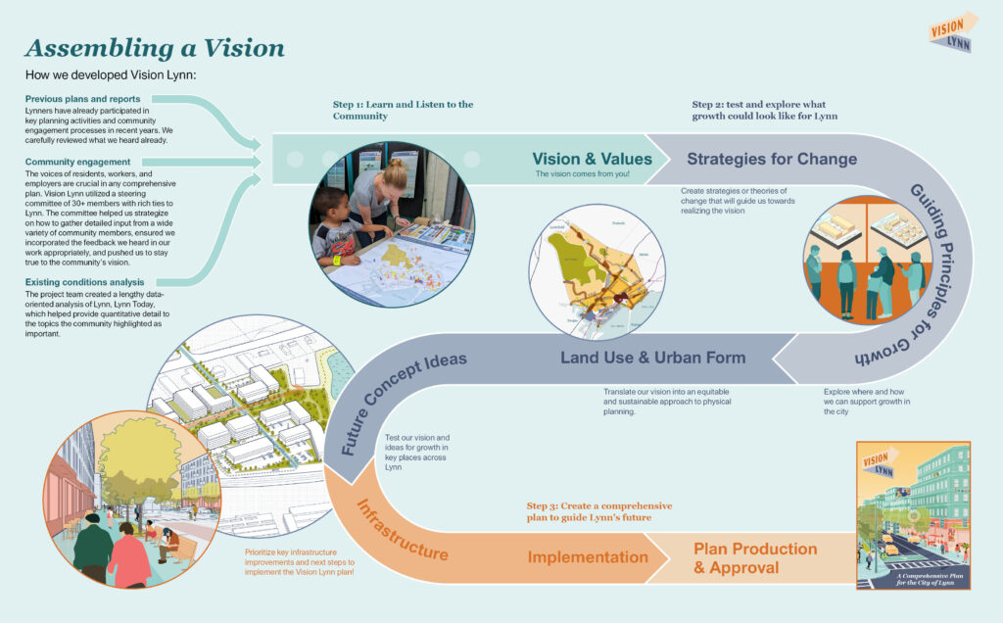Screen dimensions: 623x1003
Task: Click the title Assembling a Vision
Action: pyautogui.click(x=155, y=48)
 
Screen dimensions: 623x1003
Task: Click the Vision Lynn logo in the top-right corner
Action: pyautogui.click(x=952, y=31)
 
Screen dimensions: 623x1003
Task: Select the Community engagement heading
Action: pyautogui.click(x=77, y=162)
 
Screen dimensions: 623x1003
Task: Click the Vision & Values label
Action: pyautogui.click(x=592, y=159)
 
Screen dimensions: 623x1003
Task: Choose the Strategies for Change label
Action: pyautogui.click(x=772, y=159)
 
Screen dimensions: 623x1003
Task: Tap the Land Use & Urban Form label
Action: pyautogui.click(x=652, y=358)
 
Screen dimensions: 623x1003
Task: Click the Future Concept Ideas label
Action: pyautogui.click(x=403, y=401)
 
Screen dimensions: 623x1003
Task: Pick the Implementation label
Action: pyautogui.click(x=588, y=557)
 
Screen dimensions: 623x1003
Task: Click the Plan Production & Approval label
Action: pyautogui.click(x=754, y=558)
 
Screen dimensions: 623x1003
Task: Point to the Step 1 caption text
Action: pyautogui.click(x=403, y=110)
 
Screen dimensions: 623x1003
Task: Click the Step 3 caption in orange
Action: pyautogui.click(x=598, y=511)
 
